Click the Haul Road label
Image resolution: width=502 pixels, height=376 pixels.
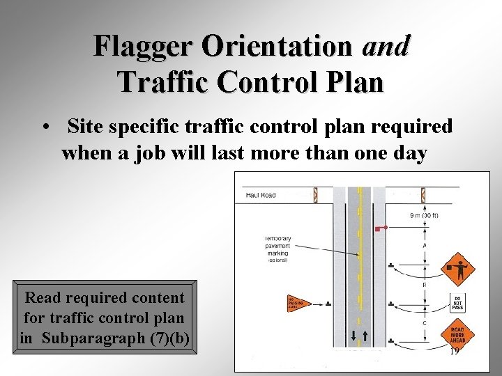pos(261,195)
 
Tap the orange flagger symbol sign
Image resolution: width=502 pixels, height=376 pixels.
pos(457,265)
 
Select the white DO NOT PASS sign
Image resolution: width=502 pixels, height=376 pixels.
pos(458,302)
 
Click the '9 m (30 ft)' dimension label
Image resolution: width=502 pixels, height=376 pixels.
pos(424,215)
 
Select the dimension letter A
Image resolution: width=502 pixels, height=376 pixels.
pos(425,245)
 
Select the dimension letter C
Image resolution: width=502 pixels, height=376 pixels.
pos(425,322)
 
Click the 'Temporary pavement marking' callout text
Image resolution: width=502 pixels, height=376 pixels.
pos(277,249)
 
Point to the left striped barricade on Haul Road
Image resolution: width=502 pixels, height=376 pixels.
pos(315,195)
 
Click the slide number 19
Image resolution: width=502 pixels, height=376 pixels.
pos(455,352)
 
